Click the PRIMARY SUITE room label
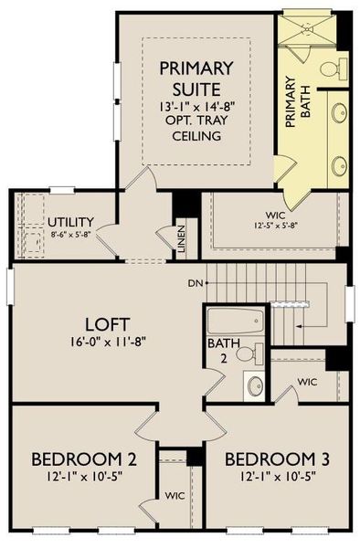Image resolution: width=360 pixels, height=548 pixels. [196, 79]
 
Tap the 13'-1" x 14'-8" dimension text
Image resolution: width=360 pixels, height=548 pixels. [196, 106]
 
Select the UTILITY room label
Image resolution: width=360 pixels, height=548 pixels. [71, 222]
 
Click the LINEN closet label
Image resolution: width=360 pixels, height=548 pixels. [182, 238]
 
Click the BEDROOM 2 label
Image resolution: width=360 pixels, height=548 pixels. [83, 458]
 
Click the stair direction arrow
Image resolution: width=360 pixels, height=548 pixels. [302, 324]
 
